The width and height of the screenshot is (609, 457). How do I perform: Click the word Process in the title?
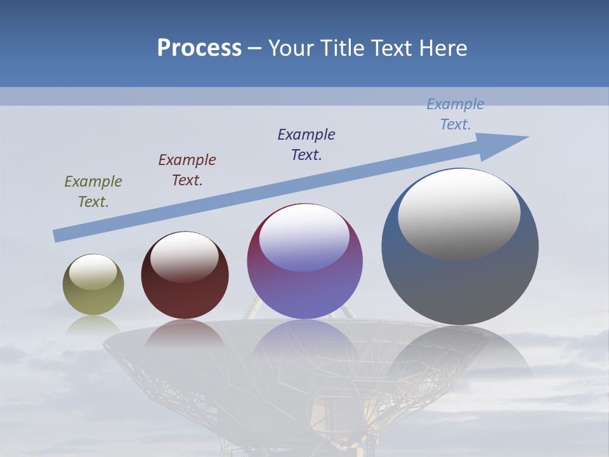click(x=199, y=48)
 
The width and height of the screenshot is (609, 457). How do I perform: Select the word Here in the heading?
click(x=443, y=48)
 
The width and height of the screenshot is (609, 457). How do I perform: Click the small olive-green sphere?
click(x=93, y=298)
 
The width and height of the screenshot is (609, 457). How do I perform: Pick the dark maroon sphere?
click(x=185, y=292)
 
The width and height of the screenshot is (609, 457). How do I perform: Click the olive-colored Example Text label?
click(x=93, y=192)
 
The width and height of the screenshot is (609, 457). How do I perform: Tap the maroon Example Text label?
click(x=187, y=170)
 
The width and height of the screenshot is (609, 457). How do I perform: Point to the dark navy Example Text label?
click(x=306, y=145)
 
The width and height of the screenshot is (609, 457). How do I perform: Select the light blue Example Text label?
click(x=455, y=114)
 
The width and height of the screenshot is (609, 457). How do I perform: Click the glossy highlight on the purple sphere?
click(x=304, y=238)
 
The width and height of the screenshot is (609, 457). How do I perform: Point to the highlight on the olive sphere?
click(x=93, y=272)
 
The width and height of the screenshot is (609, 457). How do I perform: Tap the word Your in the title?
click(x=288, y=48)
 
